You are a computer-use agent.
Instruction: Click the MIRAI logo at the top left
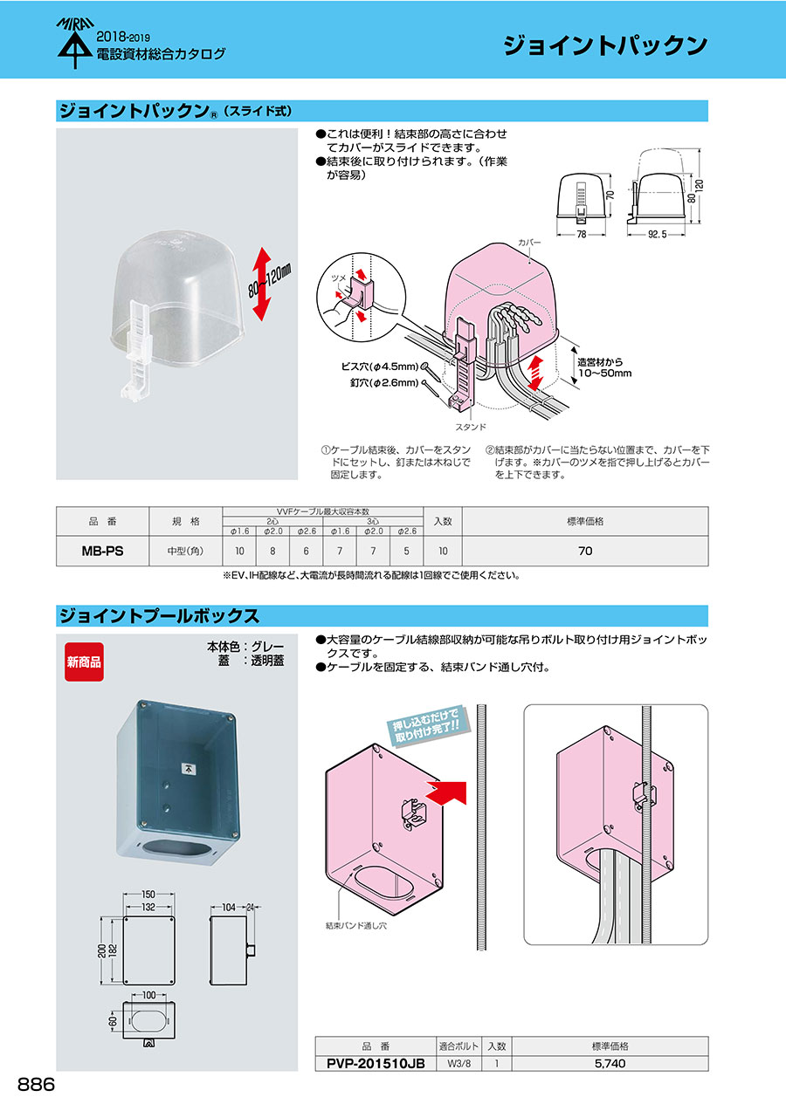coord(75,43)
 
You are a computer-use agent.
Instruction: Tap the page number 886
coord(36,1085)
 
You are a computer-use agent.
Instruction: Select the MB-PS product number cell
coord(102,551)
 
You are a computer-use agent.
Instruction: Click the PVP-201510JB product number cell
coord(376,1063)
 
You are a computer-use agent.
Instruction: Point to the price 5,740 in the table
coord(610,1063)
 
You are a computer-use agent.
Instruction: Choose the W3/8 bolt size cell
coord(458,1063)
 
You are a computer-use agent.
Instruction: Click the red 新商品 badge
coord(85,662)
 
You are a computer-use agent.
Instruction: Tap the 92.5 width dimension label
coord(657,234)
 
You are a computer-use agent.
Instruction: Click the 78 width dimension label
coord(581,234)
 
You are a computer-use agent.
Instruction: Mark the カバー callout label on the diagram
coord(529,243)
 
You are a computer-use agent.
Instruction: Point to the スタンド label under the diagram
coord(471,427)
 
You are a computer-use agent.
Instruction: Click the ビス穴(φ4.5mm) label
coord(380,367)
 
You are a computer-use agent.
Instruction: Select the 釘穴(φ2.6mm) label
coord(384,383)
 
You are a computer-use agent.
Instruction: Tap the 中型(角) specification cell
coord(185,551)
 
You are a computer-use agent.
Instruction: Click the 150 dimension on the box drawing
coord(148,895)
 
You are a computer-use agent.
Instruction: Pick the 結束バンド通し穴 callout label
coord(355,925)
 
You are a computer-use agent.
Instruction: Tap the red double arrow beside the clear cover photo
coord(261,285)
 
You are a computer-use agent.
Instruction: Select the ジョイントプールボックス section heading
coord(159,616)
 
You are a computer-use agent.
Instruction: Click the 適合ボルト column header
coord(458,1046)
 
